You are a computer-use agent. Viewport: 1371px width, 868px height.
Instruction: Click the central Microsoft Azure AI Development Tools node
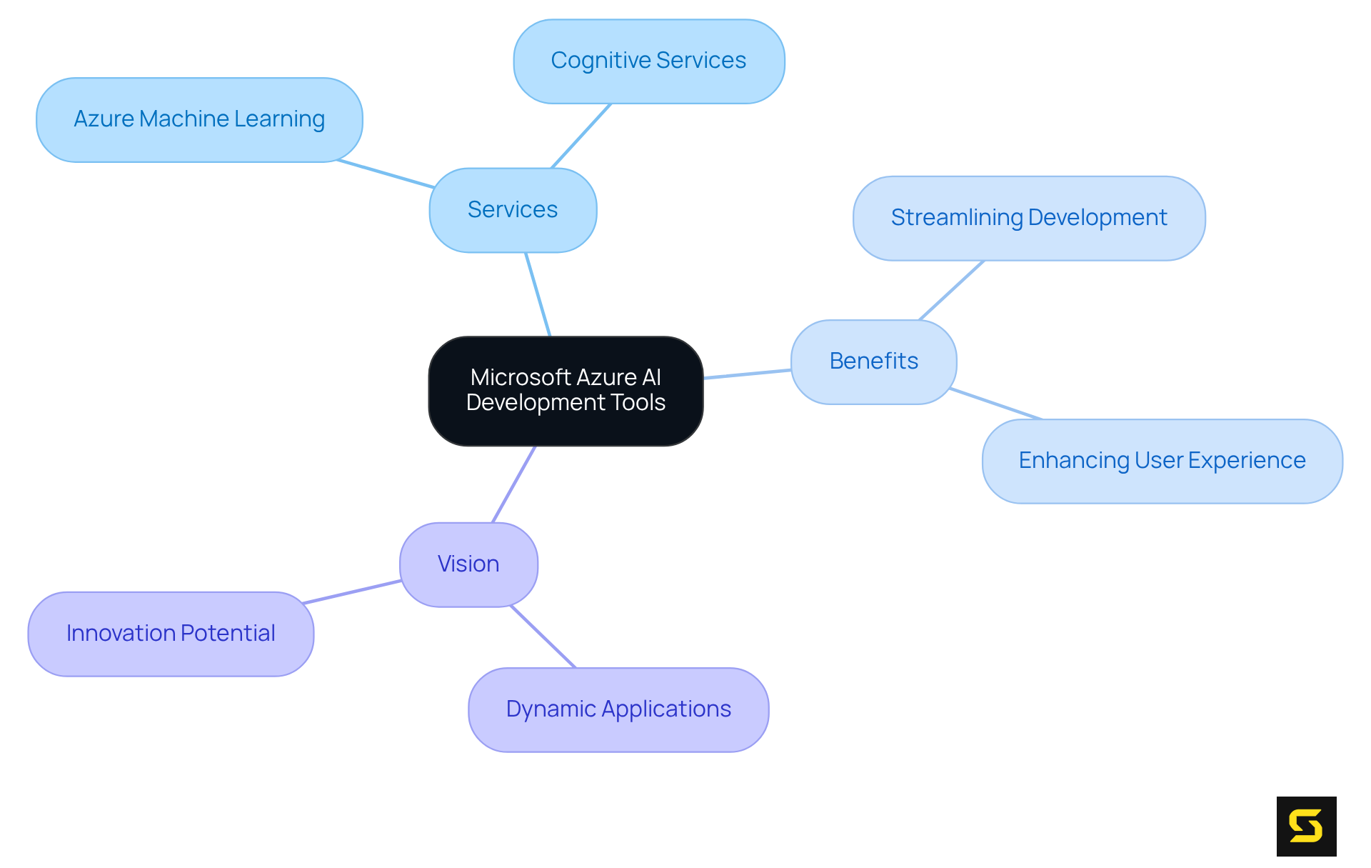(x=566, y=391)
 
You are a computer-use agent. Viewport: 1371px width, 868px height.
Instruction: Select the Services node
(x=513, y=210)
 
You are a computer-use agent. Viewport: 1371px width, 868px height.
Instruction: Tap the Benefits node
(x=873, y=361)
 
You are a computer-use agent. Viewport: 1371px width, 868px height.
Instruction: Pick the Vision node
(x=468, y=564)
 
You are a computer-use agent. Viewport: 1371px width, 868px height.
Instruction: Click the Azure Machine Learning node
(x=199, y=119)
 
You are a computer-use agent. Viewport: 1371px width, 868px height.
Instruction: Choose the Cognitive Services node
(x=648, y=61)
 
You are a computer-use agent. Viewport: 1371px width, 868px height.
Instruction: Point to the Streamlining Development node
(x=1028, y=218)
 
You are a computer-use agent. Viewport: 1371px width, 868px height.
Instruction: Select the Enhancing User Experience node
(x=1162, y=461)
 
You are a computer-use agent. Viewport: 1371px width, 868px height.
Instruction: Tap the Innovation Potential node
(x=171, y=634)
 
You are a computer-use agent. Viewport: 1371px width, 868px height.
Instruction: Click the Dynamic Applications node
(x=618, y=709)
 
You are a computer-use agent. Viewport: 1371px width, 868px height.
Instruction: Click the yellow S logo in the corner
(x=1306, y=826)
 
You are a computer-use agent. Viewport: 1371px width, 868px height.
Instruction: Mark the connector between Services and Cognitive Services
(x=581, y=136)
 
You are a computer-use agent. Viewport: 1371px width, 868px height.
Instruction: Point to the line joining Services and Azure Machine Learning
(x=386, y=174)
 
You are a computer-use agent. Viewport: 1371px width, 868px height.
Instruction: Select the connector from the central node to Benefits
(x=747, y=374)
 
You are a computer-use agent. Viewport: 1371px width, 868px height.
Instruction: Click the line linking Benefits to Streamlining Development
(x=951, y=290)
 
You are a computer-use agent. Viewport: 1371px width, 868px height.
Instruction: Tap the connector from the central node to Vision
(x=513, y=484)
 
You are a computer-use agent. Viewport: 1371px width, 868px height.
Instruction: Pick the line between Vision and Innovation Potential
(x=351, y=592)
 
